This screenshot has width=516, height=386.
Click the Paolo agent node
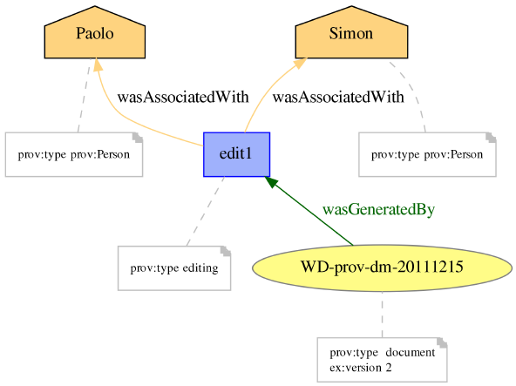(95, 32)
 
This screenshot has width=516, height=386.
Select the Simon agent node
(351, 32)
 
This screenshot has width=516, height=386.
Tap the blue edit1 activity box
(236, 154)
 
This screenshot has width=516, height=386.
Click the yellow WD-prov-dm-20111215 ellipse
(382, 267)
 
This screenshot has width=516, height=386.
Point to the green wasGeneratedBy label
(378, 209)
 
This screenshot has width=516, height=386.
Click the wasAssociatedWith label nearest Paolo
(183, 97)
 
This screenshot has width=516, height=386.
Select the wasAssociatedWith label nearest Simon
(338, 97)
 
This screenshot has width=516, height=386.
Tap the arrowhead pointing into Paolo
(98, 64)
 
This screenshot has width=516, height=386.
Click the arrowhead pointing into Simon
(300, 63)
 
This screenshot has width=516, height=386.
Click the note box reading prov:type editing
(174, 267)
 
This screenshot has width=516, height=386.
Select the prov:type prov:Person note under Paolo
(74, 154)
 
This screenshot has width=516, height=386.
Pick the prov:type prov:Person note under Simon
(427, 154)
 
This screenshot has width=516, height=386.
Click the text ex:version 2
(361, 367)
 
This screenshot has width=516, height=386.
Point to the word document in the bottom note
(411, 352)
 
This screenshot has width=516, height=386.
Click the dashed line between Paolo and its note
(84, 96)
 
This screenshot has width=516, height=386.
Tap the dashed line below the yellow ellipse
(382, 315)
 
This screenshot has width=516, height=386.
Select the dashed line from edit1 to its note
(206, 211)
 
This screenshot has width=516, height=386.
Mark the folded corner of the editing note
(226, 251)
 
